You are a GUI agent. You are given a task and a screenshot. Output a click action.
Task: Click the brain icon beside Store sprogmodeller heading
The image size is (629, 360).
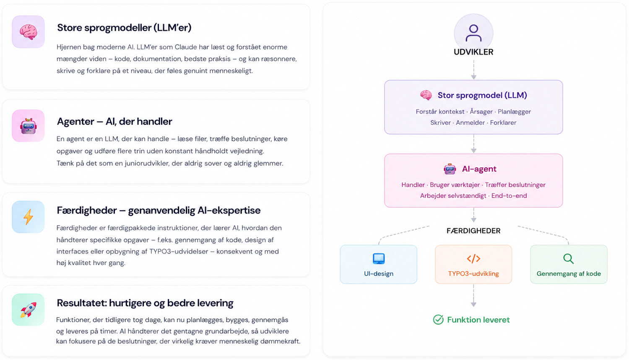(x=28, y=32)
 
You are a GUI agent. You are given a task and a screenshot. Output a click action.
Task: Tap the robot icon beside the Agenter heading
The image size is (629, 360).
(x=28, y=126)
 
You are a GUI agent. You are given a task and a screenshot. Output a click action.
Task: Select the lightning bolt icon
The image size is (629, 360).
(x=28, y=217)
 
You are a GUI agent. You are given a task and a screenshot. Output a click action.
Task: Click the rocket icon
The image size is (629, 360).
(x=28, y=310)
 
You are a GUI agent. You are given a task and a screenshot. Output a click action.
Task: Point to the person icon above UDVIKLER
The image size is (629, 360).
(x=473, y=33)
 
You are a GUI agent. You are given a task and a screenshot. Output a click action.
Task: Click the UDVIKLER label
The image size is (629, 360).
(x=473, y=52)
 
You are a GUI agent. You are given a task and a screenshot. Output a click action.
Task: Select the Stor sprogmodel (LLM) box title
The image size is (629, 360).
(x=482, y=95)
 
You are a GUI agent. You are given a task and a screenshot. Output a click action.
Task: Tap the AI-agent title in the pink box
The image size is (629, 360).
(x=479, y=169)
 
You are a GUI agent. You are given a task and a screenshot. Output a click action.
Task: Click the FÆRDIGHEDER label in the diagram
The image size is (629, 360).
(x=473, y=231)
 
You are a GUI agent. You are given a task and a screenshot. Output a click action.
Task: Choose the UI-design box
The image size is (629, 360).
(x=379, y=264)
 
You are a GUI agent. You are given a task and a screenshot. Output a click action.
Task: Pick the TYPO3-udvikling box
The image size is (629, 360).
(x=473, y=264)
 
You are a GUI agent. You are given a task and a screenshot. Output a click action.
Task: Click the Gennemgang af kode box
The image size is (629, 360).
(x=569, y=264)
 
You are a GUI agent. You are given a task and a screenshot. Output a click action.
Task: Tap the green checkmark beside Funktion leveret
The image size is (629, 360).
(x=438, y=320)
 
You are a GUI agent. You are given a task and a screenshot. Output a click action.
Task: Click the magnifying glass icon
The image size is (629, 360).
(x=568, y=258)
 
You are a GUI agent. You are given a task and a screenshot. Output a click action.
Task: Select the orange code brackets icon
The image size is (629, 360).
(x=473, y=258)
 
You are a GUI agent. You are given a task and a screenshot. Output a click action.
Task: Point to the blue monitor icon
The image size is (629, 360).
(x=379, y=258)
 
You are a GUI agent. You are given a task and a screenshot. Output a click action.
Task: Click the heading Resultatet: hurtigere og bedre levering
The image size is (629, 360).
(x=145, y=303)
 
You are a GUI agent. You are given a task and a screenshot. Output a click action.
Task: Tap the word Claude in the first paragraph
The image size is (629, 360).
(x=186, y=47)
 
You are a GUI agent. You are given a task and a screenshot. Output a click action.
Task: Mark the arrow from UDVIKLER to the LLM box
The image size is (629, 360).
(x=473, y=69)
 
